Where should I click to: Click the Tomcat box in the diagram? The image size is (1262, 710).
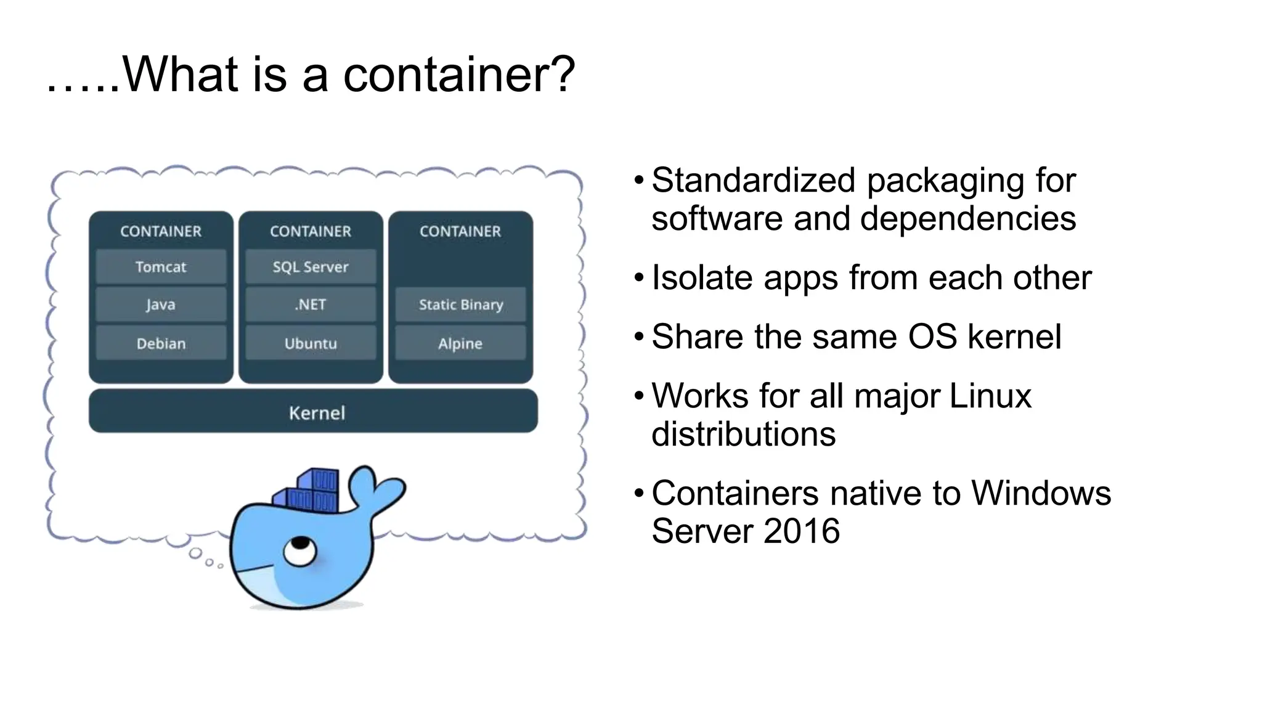click(161, 267)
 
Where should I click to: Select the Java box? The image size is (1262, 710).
click(161, 304)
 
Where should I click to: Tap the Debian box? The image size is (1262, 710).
click(161, 343)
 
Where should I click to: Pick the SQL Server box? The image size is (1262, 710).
click(311, 267)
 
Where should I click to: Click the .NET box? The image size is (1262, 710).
click(311, 304)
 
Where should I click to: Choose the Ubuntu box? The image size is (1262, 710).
click(311, 343)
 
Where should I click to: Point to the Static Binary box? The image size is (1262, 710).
click(460, 304)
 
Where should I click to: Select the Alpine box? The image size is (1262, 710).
click(460, 343)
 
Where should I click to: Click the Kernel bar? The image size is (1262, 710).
click(313, 412)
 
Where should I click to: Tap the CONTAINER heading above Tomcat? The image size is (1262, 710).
click(161, 231)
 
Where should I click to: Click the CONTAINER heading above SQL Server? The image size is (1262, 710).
click(311, 231)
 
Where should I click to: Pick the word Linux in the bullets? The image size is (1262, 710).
click(990, 396)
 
